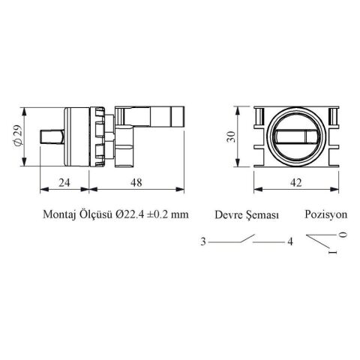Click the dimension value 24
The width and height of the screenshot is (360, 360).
pyautogui.click(x=64, y=182)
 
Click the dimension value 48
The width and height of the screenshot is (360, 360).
pyautogui.click(x=136, y=182)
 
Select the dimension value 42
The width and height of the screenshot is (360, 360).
pyautogui.click(x=296, y=183)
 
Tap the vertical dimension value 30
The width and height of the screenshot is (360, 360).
pyautogui.click(x=231, y=136)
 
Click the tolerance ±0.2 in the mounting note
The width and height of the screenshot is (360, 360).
pyautogui.click(x=157, y=214)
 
